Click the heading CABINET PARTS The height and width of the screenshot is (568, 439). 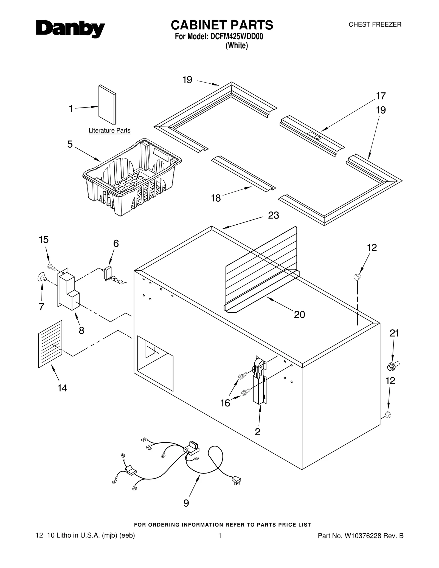click(x=222, y=25)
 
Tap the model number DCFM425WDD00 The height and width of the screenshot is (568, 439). click(x=237, y=36)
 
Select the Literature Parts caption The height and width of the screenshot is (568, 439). click(x=109, y=131)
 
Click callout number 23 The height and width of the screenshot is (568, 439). click(x=273, y=215)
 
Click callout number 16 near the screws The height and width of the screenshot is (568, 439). click(x=225, y=403)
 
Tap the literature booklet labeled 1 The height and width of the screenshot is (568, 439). click(x=107, y=105)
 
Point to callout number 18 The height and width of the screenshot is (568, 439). click(x=216, y=198)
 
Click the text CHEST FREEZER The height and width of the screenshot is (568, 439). click(x=375, y=25)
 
